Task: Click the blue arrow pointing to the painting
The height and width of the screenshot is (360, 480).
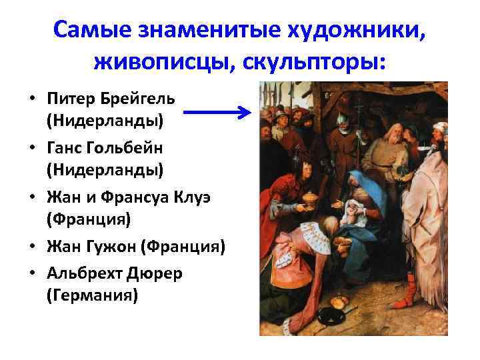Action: (x=216, y=112)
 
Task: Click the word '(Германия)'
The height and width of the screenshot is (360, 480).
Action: (x=92, y=295)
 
